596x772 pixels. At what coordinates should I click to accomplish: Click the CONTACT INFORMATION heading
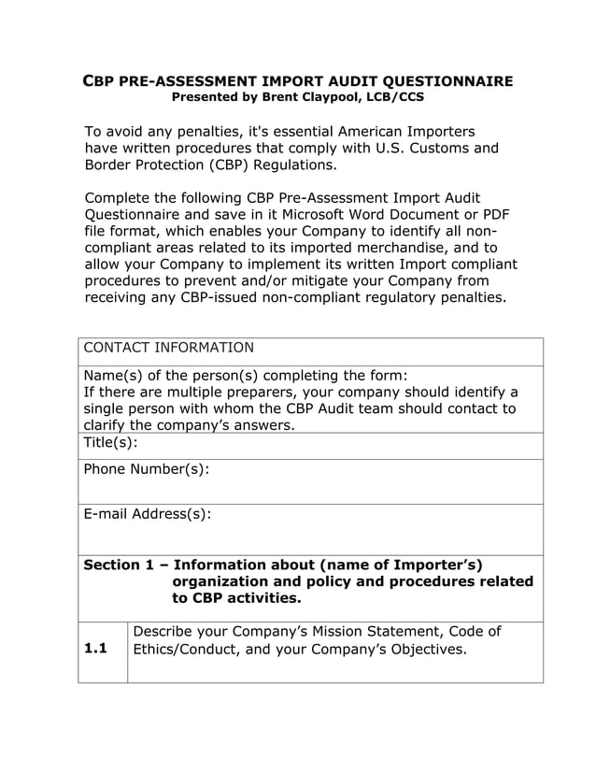pos(168,348)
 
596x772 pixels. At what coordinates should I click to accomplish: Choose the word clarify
pos(110,425)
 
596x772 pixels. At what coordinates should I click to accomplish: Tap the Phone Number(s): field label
pos(147,469)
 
